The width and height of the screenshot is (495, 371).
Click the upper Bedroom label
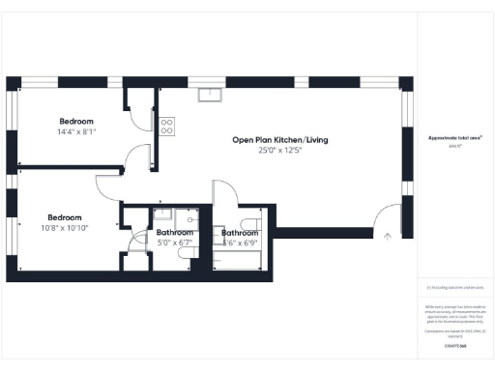click(75, 121)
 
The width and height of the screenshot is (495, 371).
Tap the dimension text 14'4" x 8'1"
click(75, 131)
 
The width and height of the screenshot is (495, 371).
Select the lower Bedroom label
click(65, 217)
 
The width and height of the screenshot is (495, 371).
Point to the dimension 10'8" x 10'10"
click(65, 228)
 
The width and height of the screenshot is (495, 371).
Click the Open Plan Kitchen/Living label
click(279, 140)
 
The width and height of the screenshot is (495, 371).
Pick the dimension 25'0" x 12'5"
click(279, 151)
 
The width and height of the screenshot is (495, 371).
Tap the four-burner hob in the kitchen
click(166, 125)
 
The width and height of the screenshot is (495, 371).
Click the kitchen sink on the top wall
click(209, 94)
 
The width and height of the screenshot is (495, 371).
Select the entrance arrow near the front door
click(388, 234)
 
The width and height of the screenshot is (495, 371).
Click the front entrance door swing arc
click(387, 214)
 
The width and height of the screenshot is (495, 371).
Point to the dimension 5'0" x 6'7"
click(175, 243)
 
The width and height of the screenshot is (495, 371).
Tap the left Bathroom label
click(175, 232)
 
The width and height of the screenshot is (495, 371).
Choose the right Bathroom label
click(239, 233)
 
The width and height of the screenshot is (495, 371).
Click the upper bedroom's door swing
click(141, 156)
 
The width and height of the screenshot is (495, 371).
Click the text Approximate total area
click(454, 138)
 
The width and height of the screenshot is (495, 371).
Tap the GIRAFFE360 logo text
click(454, 345)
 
